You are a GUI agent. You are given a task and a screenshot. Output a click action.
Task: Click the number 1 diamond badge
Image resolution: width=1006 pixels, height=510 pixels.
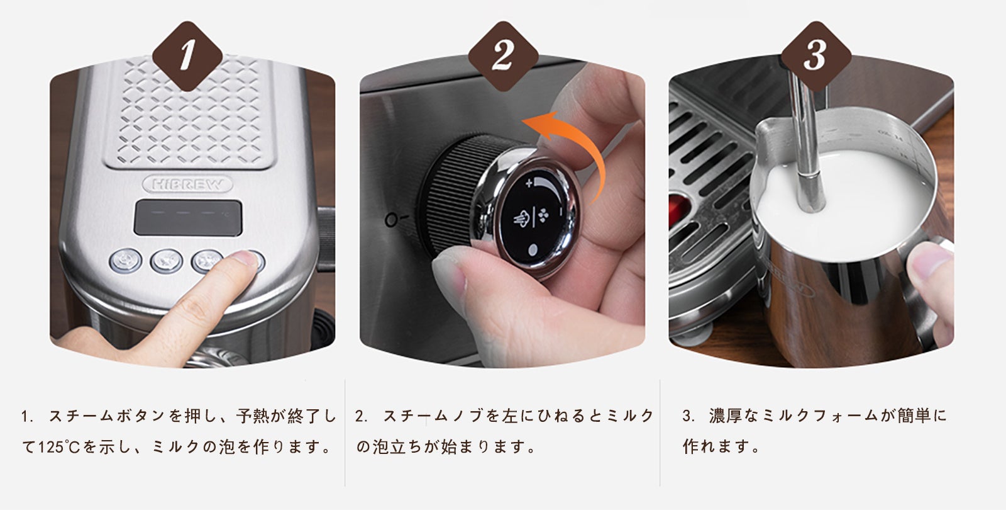(x=187, y=56)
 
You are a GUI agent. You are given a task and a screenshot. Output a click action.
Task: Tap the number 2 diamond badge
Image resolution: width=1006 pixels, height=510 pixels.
(x=503, y=56)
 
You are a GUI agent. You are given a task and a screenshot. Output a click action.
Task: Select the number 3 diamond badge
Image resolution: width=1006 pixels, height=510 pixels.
(x=816, y=56)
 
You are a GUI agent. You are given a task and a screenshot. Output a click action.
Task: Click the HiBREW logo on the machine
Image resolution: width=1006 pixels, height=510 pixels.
(x=187, y=184)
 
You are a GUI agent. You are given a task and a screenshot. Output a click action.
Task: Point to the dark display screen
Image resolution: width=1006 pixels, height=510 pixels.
(x=188, y=218)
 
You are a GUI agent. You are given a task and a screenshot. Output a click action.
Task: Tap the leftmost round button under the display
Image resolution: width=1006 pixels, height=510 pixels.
(x=126, y=261)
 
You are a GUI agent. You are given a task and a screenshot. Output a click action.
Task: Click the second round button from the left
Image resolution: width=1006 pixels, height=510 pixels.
(x=166, y=261)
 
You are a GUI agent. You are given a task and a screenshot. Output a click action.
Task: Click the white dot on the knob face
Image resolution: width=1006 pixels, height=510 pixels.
(x=533, y=250)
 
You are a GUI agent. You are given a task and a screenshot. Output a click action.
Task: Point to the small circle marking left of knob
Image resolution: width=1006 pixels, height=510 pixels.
(x=391, y=220)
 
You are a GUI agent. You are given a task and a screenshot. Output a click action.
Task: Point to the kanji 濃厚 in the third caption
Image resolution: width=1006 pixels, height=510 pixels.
(x=726, y=416)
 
